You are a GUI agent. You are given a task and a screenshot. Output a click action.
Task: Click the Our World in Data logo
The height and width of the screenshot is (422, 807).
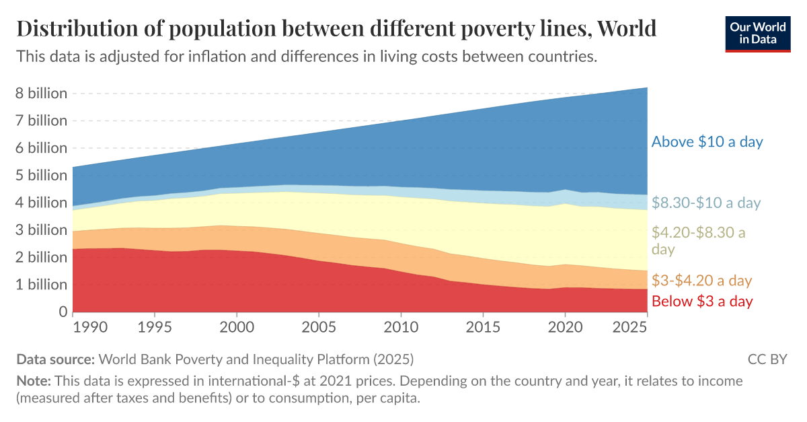[758, 33]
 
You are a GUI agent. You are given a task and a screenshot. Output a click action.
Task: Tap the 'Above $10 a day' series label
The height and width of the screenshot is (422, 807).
[707, 142]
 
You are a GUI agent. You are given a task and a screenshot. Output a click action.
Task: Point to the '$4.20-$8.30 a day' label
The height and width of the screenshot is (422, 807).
[699, 241]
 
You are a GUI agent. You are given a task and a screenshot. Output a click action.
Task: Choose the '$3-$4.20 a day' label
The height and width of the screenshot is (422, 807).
[701, 281]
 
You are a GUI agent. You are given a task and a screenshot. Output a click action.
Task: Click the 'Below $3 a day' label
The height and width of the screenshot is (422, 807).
[701, 301]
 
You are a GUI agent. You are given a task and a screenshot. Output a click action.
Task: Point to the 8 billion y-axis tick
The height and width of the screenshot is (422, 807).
[42, 94]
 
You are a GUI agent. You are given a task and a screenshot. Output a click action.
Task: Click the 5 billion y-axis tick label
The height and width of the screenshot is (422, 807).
[42, 176]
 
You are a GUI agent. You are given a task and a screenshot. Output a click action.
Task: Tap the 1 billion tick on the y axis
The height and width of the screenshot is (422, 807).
[42, 285]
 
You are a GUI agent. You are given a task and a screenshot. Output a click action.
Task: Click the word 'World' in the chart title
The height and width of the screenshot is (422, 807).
[626, 29]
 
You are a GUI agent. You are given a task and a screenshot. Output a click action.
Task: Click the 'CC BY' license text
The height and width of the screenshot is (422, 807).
[767, 359]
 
